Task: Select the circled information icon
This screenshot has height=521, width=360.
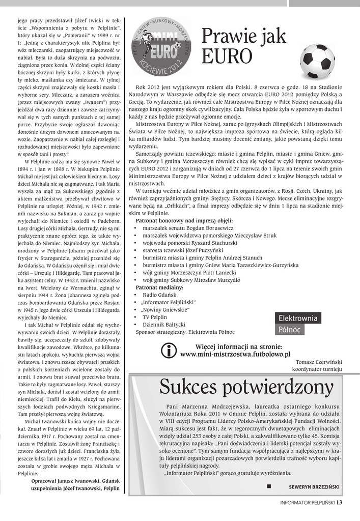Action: pos(168,351)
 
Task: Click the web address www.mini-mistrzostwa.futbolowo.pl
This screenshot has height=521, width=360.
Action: pos(235,354)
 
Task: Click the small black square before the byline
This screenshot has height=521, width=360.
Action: pos(268,486)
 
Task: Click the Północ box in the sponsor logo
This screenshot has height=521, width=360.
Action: pos(290,330)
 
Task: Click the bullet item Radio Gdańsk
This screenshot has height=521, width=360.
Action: pos(159,295)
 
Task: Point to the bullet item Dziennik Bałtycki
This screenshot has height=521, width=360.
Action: pos(164,324)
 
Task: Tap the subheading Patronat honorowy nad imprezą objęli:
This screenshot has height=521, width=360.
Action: pos(184,221)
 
